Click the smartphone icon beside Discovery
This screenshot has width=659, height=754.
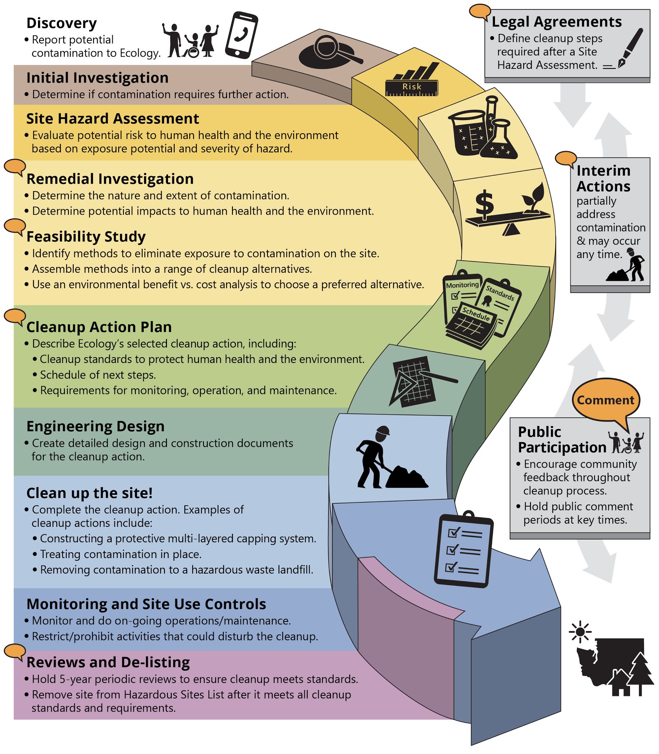(241, 35)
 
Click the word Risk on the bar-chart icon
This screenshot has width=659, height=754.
(412, 87)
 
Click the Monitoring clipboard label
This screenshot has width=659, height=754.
(462, 285)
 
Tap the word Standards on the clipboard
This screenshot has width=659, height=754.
(500, 293)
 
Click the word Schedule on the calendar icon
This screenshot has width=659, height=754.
(476, 314)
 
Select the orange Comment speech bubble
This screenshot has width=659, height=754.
(605, 400)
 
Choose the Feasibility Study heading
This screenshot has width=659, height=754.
(86, 236)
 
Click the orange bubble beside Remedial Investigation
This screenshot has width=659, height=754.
(15, 167)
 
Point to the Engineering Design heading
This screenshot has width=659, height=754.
(95, 426)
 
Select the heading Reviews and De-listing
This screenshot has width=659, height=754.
(108, 662)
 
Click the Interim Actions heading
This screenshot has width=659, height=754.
(603, 179)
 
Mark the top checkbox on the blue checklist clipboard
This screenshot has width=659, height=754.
(453, 532)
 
